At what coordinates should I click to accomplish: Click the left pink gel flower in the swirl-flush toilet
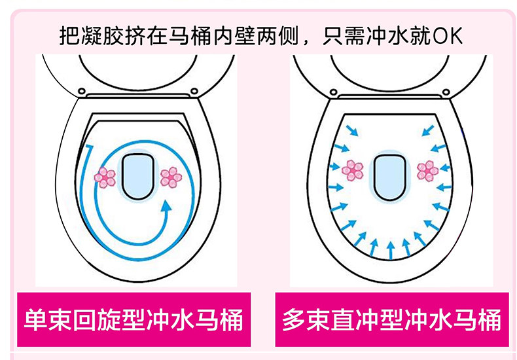click(105, 177)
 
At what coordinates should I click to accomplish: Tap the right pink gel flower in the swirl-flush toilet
click(171, 177)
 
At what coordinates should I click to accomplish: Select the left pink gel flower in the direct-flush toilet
click(353, 170)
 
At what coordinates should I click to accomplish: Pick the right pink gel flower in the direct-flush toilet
click(427, 171)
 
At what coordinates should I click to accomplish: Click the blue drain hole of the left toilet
click(138, 177)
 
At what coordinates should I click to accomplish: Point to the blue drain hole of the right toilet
click(390, 177)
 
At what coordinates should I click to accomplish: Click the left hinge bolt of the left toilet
click(82, 91)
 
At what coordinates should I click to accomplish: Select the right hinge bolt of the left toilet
click(194, 91)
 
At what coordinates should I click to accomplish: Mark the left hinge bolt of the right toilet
click(334, 92)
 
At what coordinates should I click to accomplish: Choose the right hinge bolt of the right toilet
click(446, 92)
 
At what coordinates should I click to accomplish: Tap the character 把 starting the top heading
click(70, 35)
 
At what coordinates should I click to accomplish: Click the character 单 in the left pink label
click(35, 319)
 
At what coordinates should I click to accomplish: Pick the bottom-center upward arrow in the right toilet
click(391, 250)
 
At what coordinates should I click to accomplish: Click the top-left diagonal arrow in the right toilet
click(352, 130)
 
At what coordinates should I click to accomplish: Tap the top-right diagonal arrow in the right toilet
click(428, 130)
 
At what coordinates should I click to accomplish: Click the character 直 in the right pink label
click(342, 319)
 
